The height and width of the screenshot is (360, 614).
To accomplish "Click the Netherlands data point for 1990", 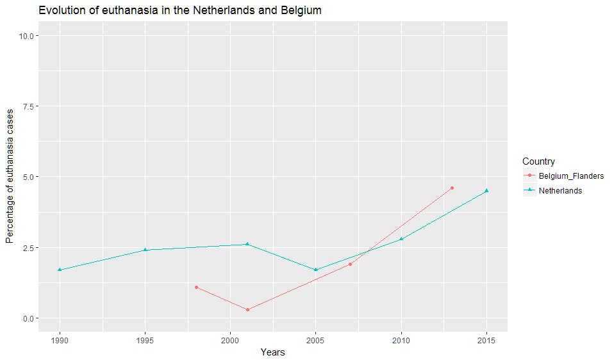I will pos(60,270).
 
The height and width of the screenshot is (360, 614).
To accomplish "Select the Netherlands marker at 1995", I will pos(145,250).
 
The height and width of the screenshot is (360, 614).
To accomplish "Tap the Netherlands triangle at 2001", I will pos(247,244).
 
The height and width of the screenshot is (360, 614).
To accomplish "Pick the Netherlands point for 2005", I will pos(316,270).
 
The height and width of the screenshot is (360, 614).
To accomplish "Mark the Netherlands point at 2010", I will pos(401,239).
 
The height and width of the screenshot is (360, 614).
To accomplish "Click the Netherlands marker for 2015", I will pos(486,190).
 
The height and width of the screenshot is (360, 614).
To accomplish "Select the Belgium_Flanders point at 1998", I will pos(196,287).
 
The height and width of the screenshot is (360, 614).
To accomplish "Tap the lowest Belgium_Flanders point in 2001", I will pos(247,309).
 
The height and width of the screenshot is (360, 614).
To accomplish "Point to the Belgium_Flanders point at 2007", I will pos(350,264).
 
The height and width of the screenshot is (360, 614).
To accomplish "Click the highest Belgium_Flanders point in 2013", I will pos(452,188).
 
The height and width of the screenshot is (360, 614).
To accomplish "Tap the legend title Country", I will pos(538,161).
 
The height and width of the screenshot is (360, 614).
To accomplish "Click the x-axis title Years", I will pos(273,352).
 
